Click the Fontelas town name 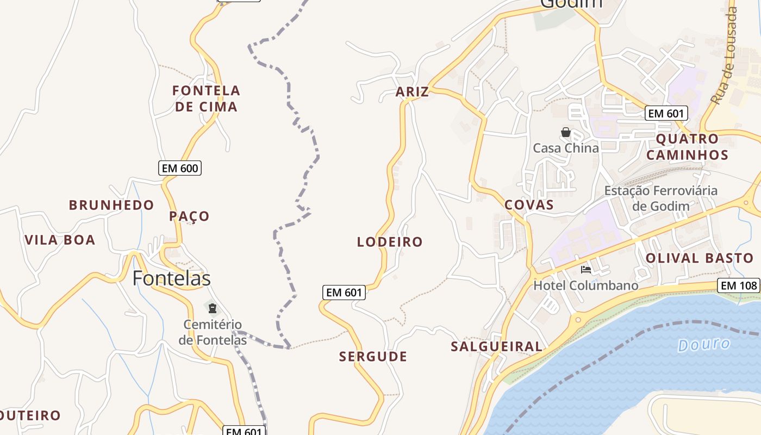coord(171,278)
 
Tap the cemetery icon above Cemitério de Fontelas coord(213,309)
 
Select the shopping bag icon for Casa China coord(566,132)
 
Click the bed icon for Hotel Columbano coord(585,269)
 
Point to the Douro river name coord(704,345)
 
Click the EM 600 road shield coord(180,168)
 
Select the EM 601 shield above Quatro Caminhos coord(666,113)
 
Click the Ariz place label coord(412,92)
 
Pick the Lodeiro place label coord(390,242)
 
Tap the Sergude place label coord(373,357)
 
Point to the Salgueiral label coord(496,346)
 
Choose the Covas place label coord(529,205)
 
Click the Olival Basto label coord(699,258)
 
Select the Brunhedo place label coord(111,205)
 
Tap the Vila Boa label coord(60,240)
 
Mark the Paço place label coord(189,216)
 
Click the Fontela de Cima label coord(206,98)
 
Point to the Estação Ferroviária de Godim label coord(660,198)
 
